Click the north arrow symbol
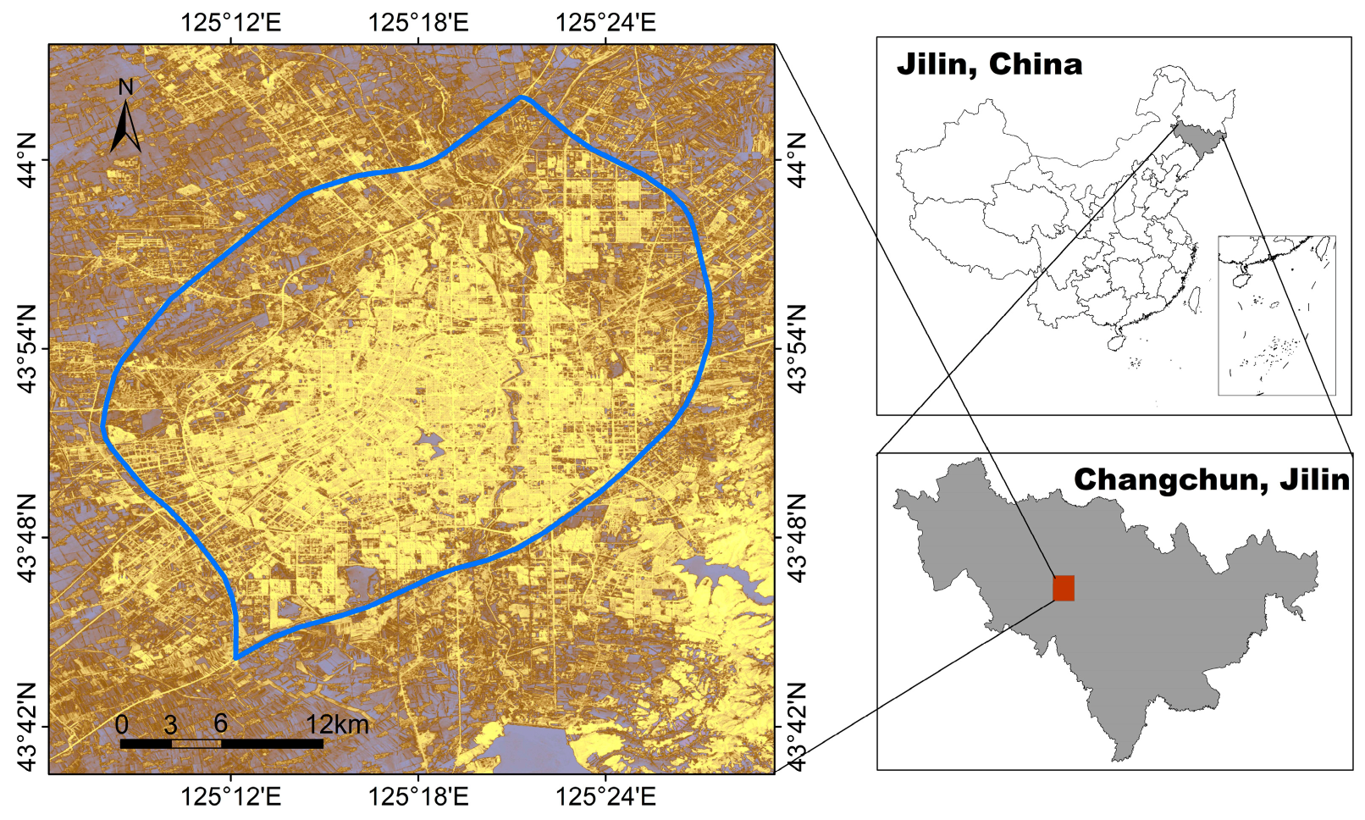[x=125, y=127]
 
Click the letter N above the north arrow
[x=125, y=87]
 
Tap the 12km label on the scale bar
[x=337, y=724]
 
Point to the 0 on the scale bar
[x=122, y=725]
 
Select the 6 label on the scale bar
[x=220, y=723]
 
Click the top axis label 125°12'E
[x=230, y=22]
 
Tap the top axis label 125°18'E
[x=418, y=22]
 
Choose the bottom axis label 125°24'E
[x=605, y=797]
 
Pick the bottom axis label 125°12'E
[x=230, y=797]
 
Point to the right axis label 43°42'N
[x=797, y=727]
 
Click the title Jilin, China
[x=989, y=64]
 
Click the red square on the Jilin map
[x=1064, y=588]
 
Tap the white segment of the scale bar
[x=196, y=744]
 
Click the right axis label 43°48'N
[x=797, y=537]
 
